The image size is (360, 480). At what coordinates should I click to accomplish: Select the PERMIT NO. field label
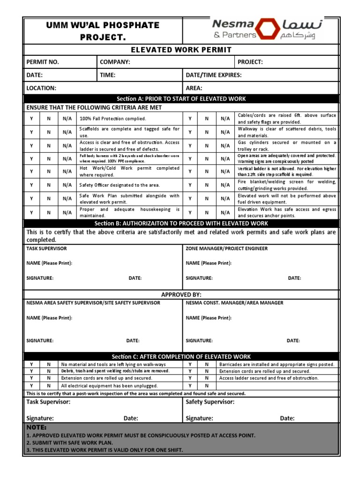click(43, 62)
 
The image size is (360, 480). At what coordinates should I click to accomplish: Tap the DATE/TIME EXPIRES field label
click(214, 75)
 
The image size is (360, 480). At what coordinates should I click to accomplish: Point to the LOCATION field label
click(41, 88)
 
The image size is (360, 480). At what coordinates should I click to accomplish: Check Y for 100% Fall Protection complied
click(31, 119)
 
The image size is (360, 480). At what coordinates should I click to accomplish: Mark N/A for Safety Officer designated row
click(67, 185)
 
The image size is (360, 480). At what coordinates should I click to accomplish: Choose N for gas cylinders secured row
click(207, 145)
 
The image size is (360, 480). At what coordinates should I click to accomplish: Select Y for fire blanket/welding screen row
click(190, 185)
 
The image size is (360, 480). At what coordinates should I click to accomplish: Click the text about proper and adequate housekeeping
click(129, 212)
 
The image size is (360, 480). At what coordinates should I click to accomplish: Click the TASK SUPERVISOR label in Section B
click(46, 248)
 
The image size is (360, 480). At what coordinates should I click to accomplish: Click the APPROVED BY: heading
click(181, 294)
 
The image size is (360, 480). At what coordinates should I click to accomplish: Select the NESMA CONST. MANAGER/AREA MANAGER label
click(234, 303)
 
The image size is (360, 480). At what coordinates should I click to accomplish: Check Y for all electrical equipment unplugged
click(31, 385)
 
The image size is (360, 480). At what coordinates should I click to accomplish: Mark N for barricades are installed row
click(207, 364)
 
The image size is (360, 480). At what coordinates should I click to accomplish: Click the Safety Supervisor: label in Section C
click(210, 402)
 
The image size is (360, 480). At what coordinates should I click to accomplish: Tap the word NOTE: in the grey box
click(37, 428)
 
